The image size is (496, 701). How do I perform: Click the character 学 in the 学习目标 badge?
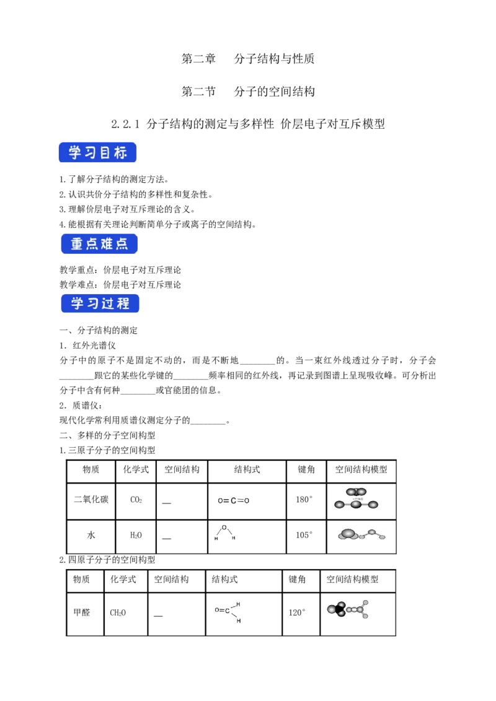[x=75, y=152]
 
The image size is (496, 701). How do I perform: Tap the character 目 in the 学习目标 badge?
[x=105, y=152]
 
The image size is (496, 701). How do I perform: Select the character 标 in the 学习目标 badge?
[x=121, y=152]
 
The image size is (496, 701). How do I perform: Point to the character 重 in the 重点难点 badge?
[x=77, y=245]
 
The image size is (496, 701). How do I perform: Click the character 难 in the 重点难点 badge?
[x=107, y=245]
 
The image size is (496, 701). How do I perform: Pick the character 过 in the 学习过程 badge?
[x=108, y=303]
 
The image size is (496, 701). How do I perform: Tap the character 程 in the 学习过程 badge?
[x=123, y=303]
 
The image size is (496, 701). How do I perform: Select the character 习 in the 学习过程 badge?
[x=92, y=303]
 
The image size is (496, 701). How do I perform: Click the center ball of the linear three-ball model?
[x=356, y=505]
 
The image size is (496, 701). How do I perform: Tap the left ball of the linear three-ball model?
[x=339, y=505]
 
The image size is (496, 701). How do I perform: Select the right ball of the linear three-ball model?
[x=373, y=505]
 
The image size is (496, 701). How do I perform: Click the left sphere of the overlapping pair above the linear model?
[x=352, y=492]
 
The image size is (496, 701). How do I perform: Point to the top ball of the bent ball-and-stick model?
[x=372, y=531]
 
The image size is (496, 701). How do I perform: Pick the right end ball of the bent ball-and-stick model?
[x=382, y=537]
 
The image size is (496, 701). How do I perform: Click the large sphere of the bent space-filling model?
[x=348, y=533]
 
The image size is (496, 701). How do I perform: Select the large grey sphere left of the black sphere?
[x=332, y=610]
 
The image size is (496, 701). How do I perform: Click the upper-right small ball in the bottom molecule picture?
[x=366, y=602]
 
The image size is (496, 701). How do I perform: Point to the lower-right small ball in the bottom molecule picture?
[x=366, y=616]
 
